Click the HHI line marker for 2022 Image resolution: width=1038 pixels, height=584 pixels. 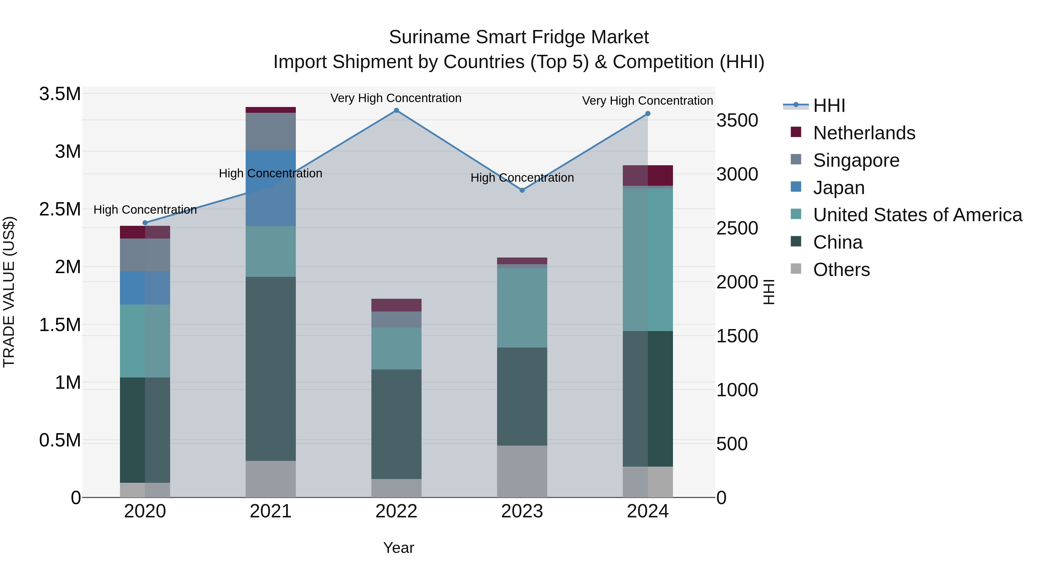coord(396,110)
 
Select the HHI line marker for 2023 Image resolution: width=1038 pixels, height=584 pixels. coord(522,190)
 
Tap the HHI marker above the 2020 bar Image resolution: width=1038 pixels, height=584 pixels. coord(145,222)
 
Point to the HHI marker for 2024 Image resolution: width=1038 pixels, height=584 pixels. coord(648,114)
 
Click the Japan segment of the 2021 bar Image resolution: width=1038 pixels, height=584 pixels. coord(270,188)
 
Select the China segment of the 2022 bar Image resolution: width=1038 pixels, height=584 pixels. coord(396,424)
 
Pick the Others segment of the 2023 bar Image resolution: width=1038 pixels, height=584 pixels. coord(522,471)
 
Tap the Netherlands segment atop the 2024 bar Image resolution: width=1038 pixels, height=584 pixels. coord(648,175)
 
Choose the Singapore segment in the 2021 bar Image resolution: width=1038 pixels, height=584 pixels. coord(270,132)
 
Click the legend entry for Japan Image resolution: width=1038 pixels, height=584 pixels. coord(838,188)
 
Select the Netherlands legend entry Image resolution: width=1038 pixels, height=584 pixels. coord(864,133)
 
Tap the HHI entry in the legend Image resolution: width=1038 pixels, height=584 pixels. coord(829,106)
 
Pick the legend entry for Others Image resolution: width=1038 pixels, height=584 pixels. coord(841,270)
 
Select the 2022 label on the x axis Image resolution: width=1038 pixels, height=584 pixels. coord(396,511)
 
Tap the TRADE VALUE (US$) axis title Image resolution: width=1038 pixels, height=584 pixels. coord(9,292)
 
